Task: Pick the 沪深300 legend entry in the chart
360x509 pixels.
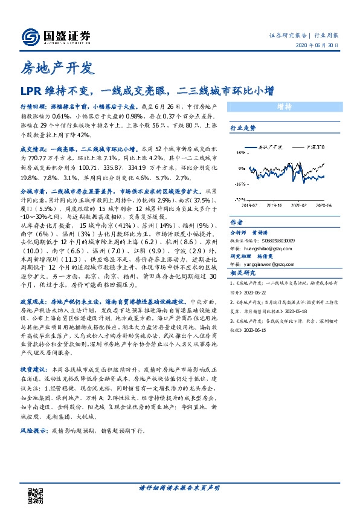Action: click(x=315, y=146)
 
